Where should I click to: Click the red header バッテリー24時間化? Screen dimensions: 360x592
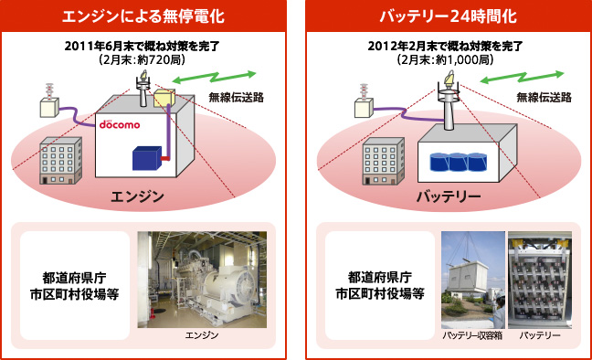tap(445, 16)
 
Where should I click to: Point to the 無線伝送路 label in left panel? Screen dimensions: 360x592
tap(237, 98)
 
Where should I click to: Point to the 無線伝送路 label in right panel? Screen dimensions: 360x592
tap(544, 98)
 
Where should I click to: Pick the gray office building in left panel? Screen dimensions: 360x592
tap(61, 160)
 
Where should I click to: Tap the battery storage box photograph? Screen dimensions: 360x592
tap(471, 280)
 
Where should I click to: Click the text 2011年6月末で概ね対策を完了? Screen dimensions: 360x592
tap(147, 47)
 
